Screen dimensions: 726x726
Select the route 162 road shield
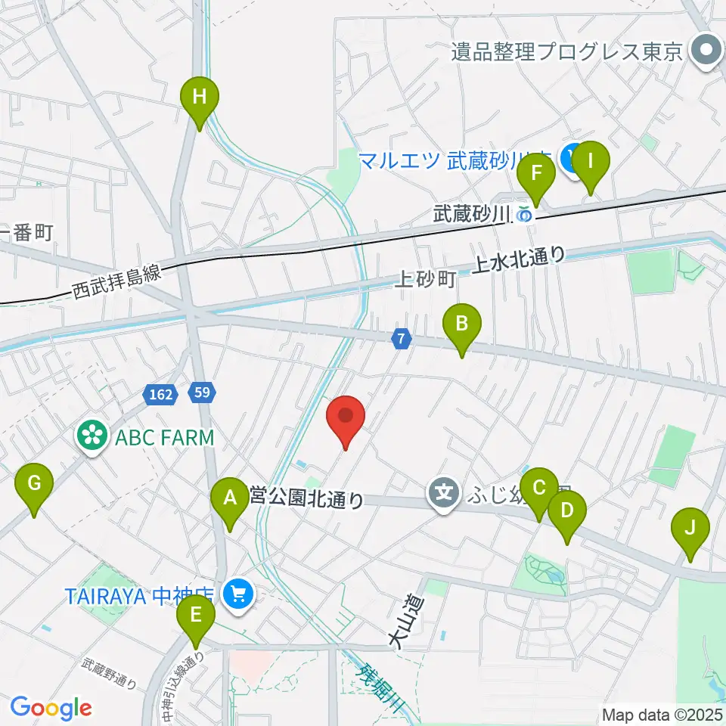pos(159,393)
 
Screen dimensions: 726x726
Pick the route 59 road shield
pos(202,392)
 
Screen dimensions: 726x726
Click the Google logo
pos(51,708)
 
